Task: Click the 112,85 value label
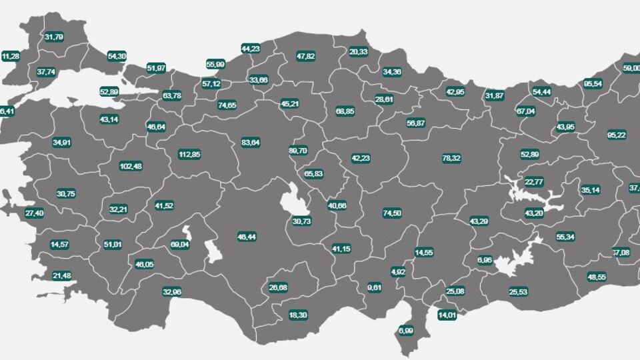(x=190, y=155)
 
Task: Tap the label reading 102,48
(x=131, y=166)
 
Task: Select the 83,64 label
(x=251, y=143)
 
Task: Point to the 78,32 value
(x=451, y=159)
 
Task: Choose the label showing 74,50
(x=392, y=213)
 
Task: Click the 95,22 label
(x=617, y=135)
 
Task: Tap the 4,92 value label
(x=398, y=272)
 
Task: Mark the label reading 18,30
(x=298, y=315)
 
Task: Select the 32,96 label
(x=172, y=291)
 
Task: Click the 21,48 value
(x=61, y=275)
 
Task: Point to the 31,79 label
(x=54, y=37)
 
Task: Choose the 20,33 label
(x=358, y=51)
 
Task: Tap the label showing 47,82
(x=305, y=57)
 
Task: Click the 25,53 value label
(x=518, y=291)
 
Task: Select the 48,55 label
(x=597, y=277)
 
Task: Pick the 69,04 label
(x=180, y=245)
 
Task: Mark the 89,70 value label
(x=298, y=151)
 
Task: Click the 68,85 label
(x=345, y=111)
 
